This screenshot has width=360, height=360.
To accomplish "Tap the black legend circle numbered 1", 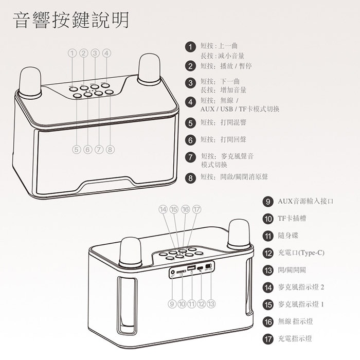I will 191,47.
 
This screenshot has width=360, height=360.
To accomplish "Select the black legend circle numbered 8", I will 191,178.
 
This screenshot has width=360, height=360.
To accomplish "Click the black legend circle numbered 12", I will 267,253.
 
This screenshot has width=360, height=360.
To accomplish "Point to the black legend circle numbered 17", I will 267,339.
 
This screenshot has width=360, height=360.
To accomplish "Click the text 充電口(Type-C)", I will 301,253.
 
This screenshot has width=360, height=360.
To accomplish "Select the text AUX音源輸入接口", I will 305,201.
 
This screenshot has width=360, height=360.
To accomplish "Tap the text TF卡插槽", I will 292,219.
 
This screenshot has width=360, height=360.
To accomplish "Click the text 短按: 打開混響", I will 222,122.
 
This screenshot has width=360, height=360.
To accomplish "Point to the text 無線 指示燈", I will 295,321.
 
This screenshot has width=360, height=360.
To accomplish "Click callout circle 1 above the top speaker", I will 72,53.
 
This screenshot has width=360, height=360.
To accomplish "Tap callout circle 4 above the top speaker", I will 106,53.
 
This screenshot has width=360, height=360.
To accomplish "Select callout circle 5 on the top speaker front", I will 77,150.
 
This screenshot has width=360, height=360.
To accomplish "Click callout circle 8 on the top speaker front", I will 110,150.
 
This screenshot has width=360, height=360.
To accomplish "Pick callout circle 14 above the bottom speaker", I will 163,209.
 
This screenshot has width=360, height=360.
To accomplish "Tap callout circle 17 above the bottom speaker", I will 196,209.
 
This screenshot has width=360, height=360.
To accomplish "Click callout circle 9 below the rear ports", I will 172,304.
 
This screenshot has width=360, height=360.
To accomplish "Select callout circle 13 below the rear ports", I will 211,304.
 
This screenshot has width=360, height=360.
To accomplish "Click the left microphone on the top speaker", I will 30,82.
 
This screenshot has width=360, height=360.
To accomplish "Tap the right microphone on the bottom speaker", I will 239,234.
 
